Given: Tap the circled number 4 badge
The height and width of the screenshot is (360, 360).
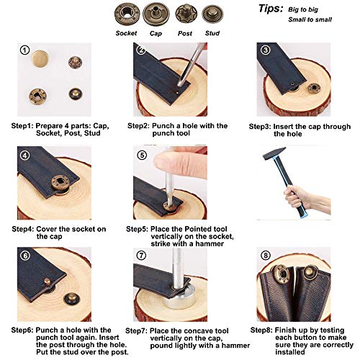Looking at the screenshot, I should pos(25,154).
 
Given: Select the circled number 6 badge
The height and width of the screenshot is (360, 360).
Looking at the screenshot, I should pos(25,255).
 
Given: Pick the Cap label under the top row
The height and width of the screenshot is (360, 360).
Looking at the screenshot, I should pos(156,32).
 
